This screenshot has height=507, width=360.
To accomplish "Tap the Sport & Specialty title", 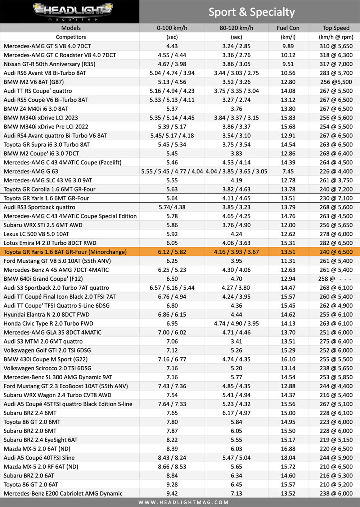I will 252,12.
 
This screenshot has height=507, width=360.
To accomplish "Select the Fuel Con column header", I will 288,28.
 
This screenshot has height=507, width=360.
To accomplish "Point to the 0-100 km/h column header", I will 172,28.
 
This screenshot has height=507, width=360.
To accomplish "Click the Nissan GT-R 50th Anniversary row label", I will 50,64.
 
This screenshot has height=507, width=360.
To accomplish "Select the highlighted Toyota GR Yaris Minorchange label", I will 65,252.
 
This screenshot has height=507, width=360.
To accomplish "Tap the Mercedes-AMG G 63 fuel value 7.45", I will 288,171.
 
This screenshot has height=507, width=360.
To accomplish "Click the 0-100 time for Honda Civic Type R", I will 172,323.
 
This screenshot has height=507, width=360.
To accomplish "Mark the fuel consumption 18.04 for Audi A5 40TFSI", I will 288,458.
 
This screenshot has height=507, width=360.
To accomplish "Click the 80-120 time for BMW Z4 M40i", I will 236,109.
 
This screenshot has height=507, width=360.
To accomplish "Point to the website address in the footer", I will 184,502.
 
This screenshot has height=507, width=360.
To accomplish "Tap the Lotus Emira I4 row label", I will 50,243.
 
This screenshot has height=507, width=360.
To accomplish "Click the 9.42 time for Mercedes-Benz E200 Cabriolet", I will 172,494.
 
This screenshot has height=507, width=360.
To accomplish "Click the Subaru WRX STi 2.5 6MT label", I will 43,225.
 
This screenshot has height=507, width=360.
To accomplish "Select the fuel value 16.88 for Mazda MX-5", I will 288,449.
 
